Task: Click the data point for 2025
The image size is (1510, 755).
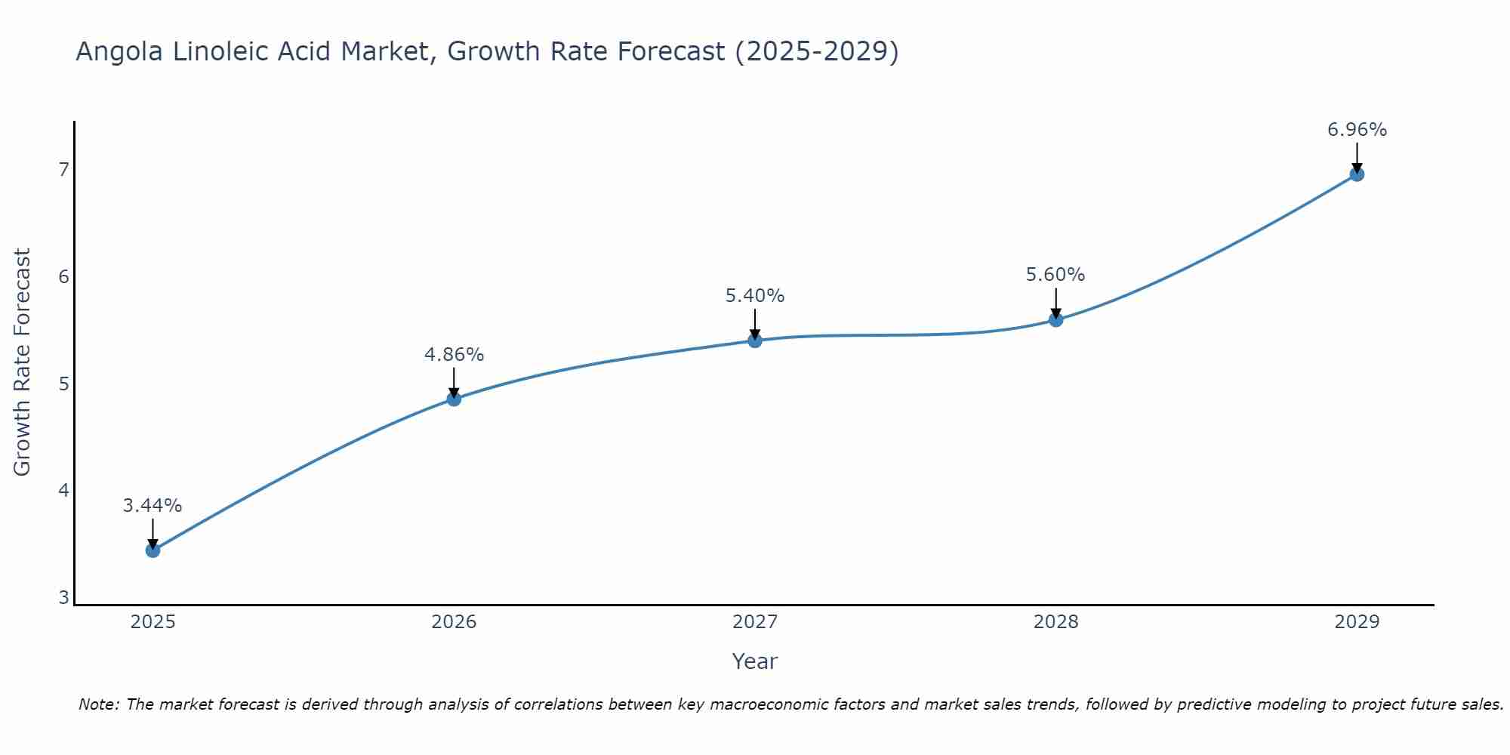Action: (x=153, y=550)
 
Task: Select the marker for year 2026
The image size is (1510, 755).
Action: (x=454, y=399)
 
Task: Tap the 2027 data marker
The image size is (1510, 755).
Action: (x=755, y=341)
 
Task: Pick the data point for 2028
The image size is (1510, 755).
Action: (x=1055, y=320)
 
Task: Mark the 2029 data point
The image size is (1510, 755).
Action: (x=1357, y=174)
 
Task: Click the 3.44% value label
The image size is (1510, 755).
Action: (x=153, y=506)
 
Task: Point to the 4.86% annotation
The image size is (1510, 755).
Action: (x=454, y=355)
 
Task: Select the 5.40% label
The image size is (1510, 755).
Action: (x=755, y=296)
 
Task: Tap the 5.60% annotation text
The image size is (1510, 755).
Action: (x=1055, y=275)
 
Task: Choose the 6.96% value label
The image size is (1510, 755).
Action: (x=1357, y=130)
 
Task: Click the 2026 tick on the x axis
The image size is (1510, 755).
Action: (x=454, y=622)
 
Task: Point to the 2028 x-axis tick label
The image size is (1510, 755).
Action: (x=1055, y=622)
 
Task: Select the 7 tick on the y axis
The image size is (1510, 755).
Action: (x=63, y=169)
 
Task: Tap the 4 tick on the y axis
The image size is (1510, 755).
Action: (x=63, y=491)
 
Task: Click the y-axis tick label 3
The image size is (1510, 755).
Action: (x=63, y=598)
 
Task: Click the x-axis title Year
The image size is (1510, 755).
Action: (x=755, y=661)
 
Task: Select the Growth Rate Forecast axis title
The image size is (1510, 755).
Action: (x=23, y=362)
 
